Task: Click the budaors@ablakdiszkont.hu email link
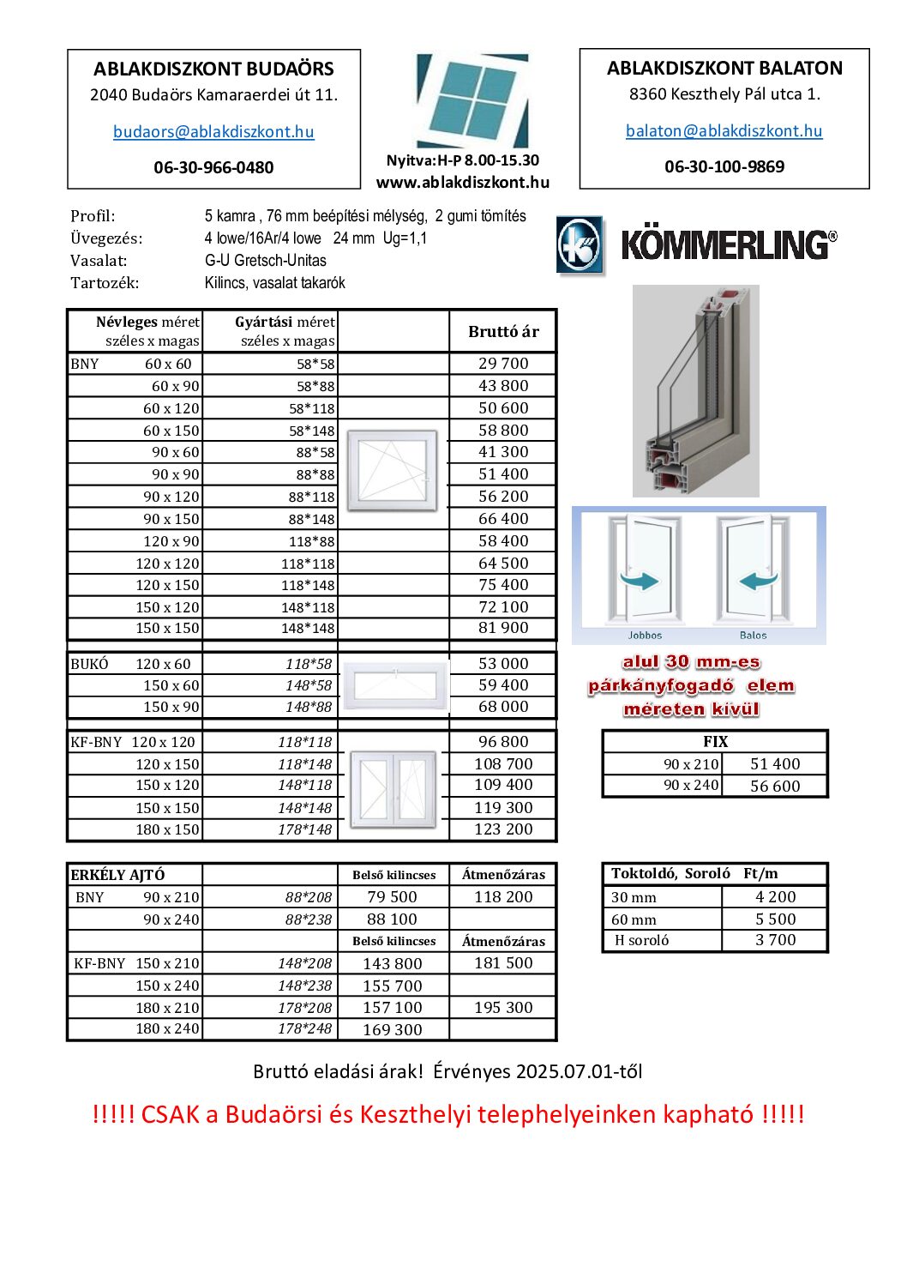[x=213, y=132]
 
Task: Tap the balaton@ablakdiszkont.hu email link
[x=724, y=131]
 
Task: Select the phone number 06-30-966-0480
[x=213, y=168]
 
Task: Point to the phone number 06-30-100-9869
[x=724, y=167]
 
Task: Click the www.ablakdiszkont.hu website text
[x=462, y=183]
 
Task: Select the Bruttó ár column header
[x=503, y=332]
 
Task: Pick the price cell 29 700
[x=503, y=364]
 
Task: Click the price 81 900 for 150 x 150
[x=503, y=628]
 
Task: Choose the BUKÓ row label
[x=89, y=664]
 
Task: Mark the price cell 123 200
[x=503, y=829]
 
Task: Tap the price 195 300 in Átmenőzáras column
[x=503, y=1008]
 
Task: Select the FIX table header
[x=715, y=742]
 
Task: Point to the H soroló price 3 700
[x=775, y=940]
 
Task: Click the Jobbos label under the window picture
[x=645, y=636]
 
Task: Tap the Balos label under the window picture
[x=753, y=636]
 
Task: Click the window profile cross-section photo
[x=695, y=391]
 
